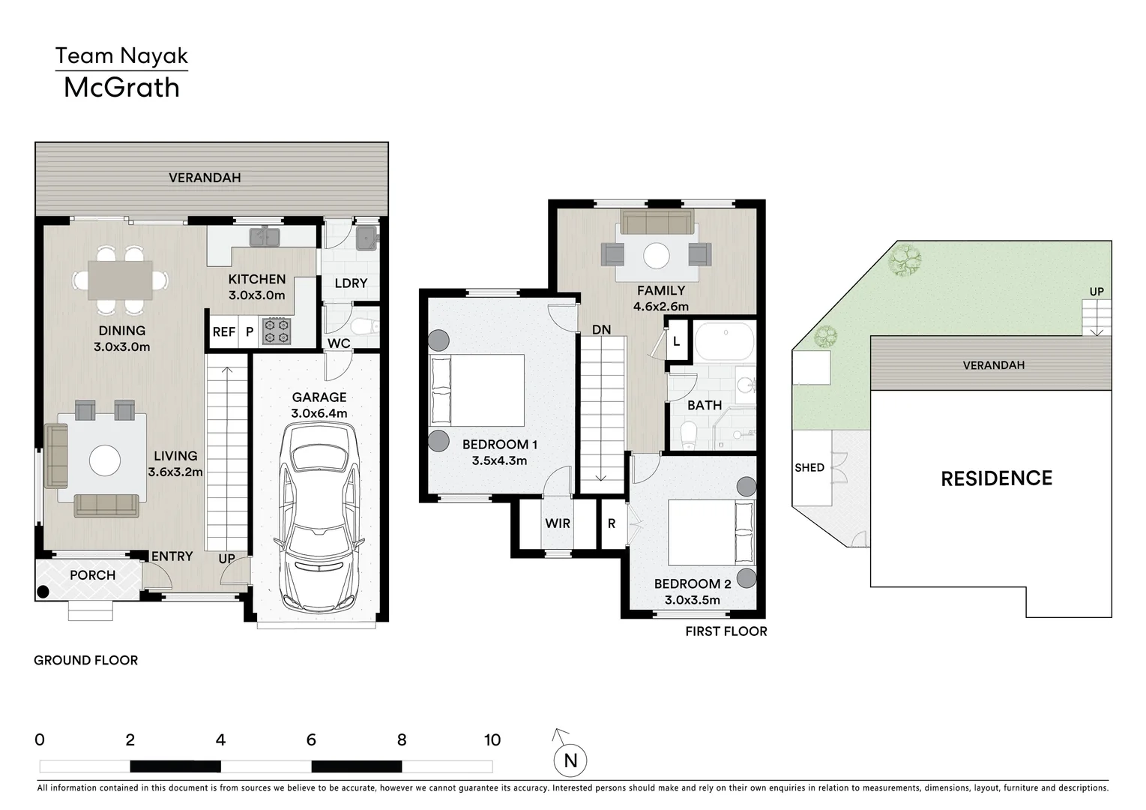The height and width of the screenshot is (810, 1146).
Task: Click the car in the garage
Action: [319, 515]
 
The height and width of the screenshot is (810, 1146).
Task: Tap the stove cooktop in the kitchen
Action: [277, 331]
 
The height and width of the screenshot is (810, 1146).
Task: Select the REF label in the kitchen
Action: [224, 331]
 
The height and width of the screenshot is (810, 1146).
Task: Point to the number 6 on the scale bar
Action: [311, 739]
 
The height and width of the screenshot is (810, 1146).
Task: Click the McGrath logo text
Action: [121, 88]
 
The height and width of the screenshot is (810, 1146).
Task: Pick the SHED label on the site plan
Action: [809, 467]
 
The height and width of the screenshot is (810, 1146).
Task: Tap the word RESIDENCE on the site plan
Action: [997, 478]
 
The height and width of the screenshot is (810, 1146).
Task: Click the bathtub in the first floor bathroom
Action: [725, 341]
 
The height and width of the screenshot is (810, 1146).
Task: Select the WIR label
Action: [558, 523]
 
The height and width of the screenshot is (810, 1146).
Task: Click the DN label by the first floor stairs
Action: [601, 330]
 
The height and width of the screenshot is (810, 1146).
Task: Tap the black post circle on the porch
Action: [43, 592]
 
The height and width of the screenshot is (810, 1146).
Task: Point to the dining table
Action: [120, 280]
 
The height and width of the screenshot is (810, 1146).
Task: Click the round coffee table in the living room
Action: [105, 460]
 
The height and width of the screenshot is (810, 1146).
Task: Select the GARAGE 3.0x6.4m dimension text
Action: [319, 405]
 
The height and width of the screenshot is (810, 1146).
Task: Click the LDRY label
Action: [351, 283]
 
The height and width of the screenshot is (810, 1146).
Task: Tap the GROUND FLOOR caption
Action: [86, 661]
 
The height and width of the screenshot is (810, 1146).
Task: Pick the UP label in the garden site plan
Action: [1097, 291]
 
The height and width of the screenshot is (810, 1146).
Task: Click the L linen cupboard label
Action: [676, 341]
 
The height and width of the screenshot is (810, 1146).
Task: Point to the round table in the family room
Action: [657, 256]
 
